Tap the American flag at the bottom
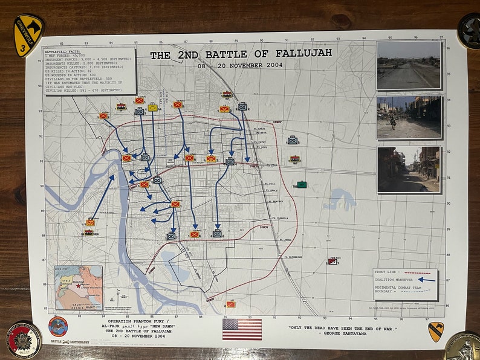point(242,329)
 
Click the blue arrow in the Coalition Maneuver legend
point(427,280)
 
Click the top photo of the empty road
point(409,65)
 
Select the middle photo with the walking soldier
point(409,117)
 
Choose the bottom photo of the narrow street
point(409,169)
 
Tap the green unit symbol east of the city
point(302,184)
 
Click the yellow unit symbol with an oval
point(152,108)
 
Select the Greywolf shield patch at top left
point(28,35)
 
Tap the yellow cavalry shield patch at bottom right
point(435,331)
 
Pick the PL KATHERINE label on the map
point(292,257)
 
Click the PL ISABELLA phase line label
point(279,219)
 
